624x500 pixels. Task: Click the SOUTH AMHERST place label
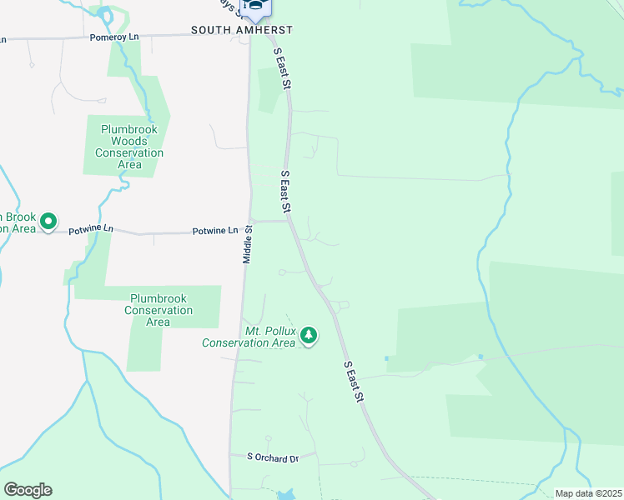click(242, 30)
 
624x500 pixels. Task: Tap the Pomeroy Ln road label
click(113, 38)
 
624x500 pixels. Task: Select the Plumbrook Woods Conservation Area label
click(129, 147)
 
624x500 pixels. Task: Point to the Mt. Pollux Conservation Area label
click(249, 337)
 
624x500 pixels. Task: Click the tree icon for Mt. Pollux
click(309, 336)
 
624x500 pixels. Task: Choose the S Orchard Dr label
click(273, 458)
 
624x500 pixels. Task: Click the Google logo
click(28, 490)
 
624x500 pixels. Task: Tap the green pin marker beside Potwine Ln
click(48, 222)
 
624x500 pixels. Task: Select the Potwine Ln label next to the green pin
click(90, 229)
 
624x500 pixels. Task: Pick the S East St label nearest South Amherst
click(283, 68)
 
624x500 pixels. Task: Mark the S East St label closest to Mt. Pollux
click(355, 383)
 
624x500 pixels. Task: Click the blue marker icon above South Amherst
click(256, 7)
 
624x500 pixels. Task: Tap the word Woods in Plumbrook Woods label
click(129, 141)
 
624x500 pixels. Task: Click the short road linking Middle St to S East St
click(269, 221)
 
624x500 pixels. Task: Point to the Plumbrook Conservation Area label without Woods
click(158, 310)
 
